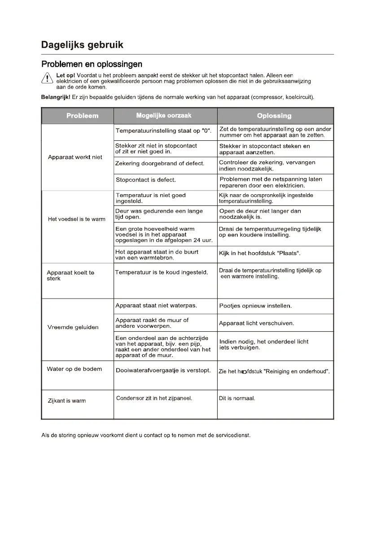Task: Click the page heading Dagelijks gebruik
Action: click(82, 45)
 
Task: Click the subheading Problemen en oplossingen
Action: click(92, 64)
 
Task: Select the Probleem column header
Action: click(82, 116)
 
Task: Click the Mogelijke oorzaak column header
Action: click(163, 116)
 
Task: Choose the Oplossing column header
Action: click(274, 116)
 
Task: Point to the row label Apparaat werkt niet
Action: click(75, 157)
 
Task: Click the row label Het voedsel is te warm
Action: click(77, 219)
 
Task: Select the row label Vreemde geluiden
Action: click(73, 327)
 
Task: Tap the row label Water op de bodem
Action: click(74, 369)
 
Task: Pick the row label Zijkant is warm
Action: click(67, 401)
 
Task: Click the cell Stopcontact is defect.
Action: click(146, 180)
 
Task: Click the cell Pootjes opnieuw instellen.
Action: click(255, 306)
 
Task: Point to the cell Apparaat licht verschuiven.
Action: click(256, 323)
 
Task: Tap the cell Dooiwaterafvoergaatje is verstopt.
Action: click(163, 371)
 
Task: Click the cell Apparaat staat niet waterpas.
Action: click(156, 306)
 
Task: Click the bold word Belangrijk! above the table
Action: click(56, 97)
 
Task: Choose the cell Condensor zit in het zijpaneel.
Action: click(154, 398)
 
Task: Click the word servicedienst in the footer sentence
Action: click(231, 436)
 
